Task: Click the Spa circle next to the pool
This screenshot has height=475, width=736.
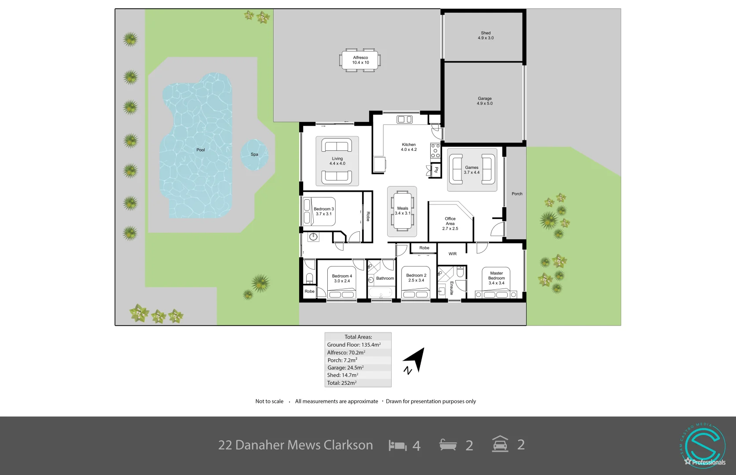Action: (x=254, y=154)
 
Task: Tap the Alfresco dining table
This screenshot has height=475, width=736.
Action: (x=360, y=60)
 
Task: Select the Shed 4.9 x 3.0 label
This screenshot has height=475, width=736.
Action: (x=486, y=36)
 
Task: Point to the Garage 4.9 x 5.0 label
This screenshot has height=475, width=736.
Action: (x=485, y=101)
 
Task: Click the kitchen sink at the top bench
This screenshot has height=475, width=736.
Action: (x=404, y=120)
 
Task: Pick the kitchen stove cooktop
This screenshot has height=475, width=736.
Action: (x=435, y=151)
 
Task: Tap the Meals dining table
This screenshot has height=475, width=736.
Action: (x=403, y=211)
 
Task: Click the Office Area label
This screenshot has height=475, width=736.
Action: (x=450, y=223)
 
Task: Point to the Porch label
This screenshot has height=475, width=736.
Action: (x=517, y=194)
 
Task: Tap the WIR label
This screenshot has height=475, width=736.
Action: (x=452, y=254)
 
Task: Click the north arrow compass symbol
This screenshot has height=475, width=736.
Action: (x=416, y=360)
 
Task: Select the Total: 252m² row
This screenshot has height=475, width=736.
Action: (x=358, y=383)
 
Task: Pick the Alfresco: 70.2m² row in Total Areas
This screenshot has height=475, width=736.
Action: (x=358, y=352)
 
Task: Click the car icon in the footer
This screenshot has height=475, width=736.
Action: (x=500, y=444)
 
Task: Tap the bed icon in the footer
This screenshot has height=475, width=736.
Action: (x=398, y=446)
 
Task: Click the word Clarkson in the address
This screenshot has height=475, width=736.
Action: (x=348, y=445)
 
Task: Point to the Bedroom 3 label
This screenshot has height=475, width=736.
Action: (x=324, y=212)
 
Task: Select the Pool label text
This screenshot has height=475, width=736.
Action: (x=201, y=150)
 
